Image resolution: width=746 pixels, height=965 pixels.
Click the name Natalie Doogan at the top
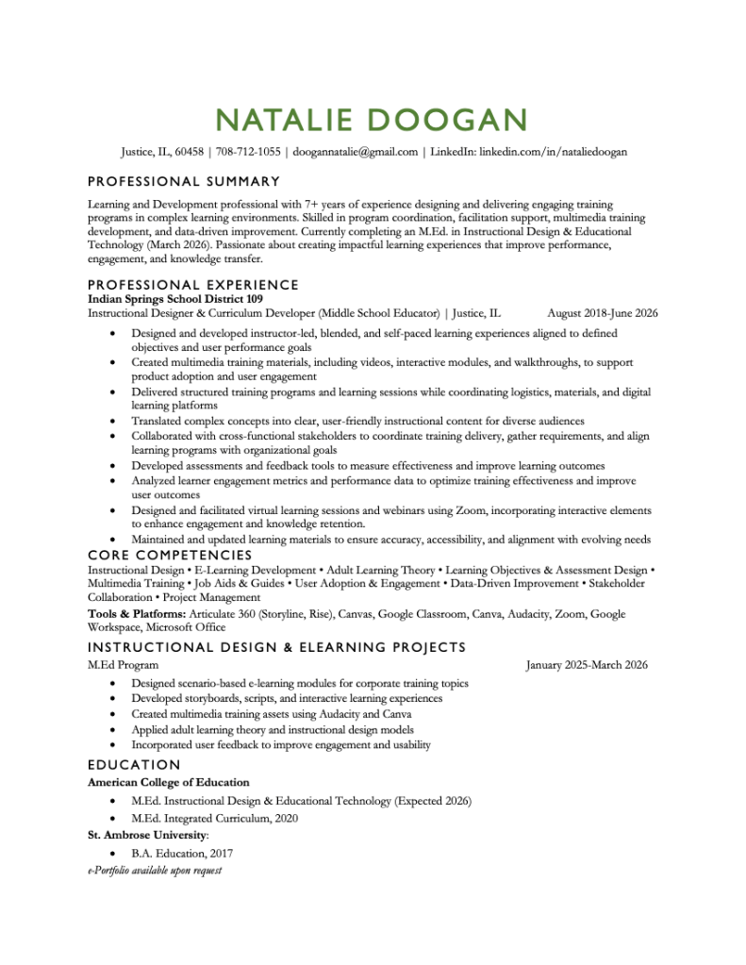coord(372,120)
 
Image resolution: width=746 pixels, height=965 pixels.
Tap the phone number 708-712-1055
coord(248,151)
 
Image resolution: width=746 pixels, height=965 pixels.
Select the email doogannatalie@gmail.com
coord(355,151)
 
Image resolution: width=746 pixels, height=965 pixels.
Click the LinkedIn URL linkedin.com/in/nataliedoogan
coord(553,151)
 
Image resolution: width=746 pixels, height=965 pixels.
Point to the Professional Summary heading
coord(183,181)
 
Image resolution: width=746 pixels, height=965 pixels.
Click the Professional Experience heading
coord(192,285)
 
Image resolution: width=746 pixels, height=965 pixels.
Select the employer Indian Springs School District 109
coord(174,299)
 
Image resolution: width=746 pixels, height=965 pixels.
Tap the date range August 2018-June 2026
coord(602,313)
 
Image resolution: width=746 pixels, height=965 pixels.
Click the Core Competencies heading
coord(170,556)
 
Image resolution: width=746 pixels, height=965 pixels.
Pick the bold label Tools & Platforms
coord(137,614)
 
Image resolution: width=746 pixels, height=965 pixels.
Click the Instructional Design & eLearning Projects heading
coord(276,647)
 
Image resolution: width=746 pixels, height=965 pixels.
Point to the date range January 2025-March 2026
coord(586,665)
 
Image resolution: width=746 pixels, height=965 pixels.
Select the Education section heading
coord(133,765)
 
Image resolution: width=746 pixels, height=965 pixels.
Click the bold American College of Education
coord(168,782)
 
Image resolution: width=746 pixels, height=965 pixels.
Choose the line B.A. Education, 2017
coord(182,854)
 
